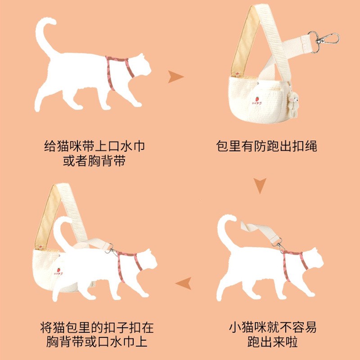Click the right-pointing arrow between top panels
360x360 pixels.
pos(175,76)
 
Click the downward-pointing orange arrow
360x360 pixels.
pos(260,185)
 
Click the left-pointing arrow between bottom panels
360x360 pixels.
pos(184,283)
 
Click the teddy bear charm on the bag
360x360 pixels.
pos(293,104)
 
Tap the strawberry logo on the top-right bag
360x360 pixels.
pos(257,100)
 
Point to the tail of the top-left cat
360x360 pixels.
pos(45,37)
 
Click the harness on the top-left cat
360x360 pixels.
pos(117,71)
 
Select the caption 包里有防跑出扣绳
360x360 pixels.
pos(266,146)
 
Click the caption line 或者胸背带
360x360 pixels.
pos(94,161)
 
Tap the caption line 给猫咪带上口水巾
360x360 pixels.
pos(94,146)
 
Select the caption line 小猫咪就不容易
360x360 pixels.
pos(273,327)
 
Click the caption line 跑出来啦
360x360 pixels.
pos(273,342)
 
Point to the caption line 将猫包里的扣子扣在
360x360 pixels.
pos(97,327)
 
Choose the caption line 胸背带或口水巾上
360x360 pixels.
pos(97,342)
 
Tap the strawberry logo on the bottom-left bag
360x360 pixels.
pos(58,272)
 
